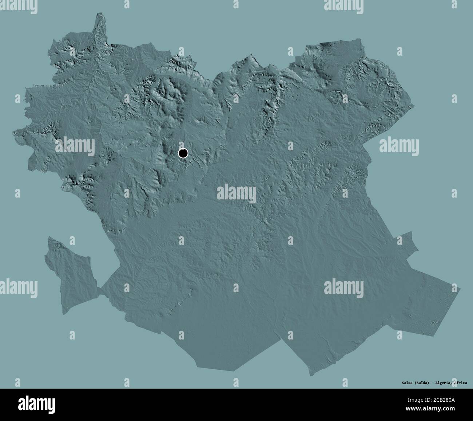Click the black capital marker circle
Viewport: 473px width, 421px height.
pyautogui.click(x=183, y=153)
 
